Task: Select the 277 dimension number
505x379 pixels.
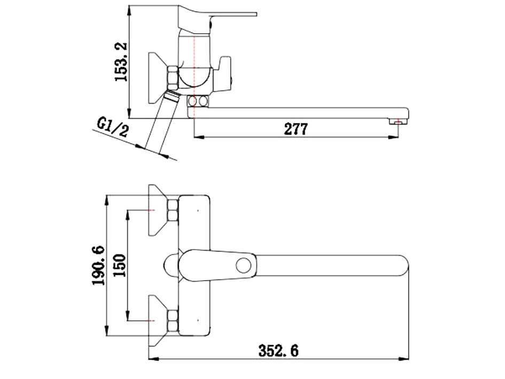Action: (x=296, y=129)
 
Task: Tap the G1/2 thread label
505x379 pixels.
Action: (x=113, y=128)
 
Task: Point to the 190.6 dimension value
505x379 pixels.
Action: (x=100, y=266)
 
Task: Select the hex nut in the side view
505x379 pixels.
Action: (x=173, y=78)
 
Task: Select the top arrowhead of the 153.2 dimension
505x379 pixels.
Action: (x=130, y=10)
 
